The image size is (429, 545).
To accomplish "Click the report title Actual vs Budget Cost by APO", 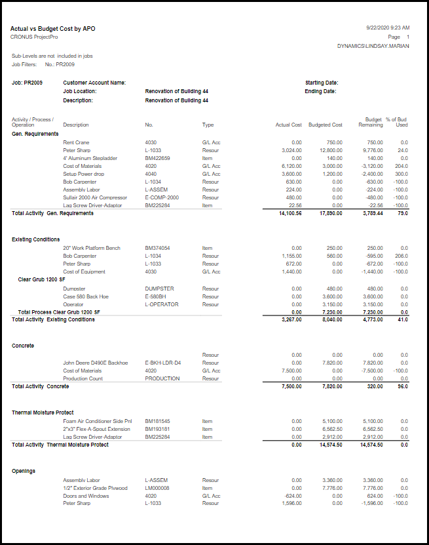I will pos(53,29).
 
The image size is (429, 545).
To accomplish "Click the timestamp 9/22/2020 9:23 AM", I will pos(388,28).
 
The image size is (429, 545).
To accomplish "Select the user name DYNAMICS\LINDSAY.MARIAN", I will pos(373,47).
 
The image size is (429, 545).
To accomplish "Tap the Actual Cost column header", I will pos(288,125).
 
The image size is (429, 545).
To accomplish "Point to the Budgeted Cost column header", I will pos(326,125).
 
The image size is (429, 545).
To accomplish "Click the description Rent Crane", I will pos(76,142).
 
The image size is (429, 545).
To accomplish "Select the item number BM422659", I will pos(157,158).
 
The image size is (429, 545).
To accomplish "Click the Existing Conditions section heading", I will pos(36,239).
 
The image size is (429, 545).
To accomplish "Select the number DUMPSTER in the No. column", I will pos(159,289).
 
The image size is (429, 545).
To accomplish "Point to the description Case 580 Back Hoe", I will pos(85,296).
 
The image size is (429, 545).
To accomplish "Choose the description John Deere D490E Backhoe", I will pos(95,363).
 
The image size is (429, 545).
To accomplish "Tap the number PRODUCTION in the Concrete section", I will pos(162,378).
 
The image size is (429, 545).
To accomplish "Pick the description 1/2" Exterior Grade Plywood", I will pos(95,488).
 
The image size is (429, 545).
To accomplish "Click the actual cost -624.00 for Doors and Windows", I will pos(293,496).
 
